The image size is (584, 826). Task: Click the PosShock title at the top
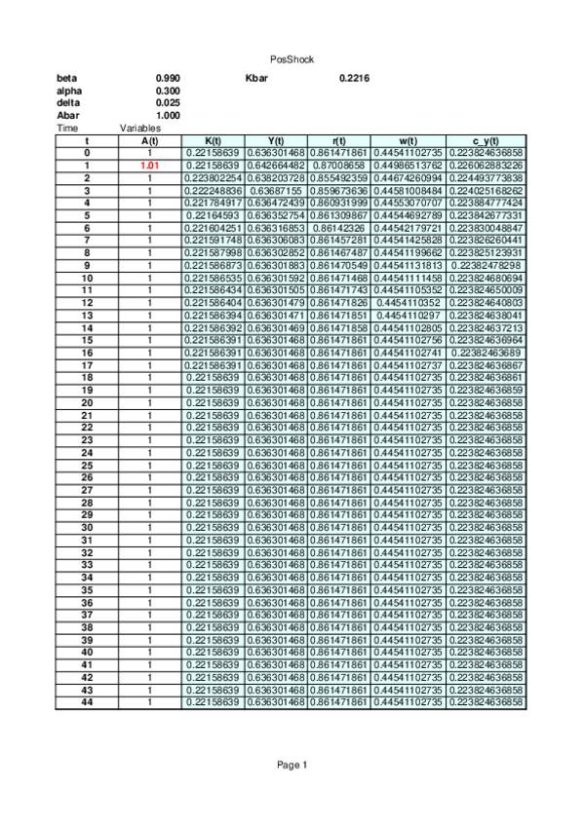292,59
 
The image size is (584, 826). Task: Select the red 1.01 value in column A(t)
149,166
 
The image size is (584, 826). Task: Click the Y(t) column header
275,141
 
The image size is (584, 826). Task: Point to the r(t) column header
338,141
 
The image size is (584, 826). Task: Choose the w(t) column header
408,141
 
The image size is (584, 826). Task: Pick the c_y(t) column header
487,141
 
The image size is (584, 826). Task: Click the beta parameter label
67,78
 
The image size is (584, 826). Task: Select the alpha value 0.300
168,91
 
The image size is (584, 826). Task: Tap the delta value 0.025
168,102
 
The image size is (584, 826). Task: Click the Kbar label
256,78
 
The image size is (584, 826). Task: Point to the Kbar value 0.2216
353,78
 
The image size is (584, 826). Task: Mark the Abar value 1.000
168,115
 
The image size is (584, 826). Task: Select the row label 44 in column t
87,701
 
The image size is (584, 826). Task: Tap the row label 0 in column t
87,153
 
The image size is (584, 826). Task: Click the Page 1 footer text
292,765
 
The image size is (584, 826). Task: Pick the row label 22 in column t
87,428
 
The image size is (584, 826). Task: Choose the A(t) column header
149,141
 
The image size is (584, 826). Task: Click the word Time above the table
67,128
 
